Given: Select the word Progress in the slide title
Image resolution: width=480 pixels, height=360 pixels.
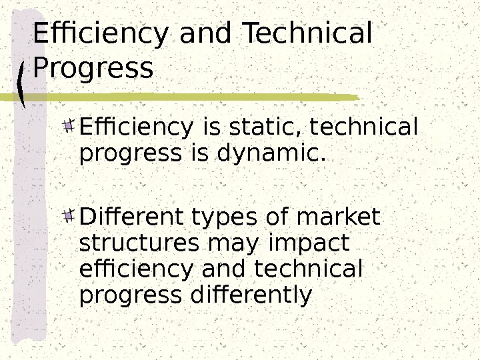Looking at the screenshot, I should pos(93,69).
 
